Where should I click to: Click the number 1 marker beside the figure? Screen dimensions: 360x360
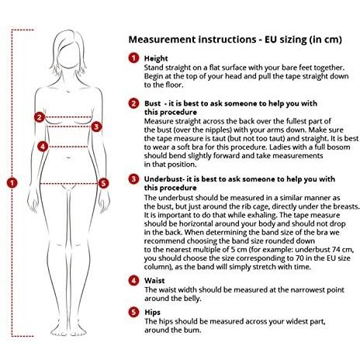point(12,183)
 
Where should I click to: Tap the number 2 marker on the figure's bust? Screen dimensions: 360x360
point(40,117)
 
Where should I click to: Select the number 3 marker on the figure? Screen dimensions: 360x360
point(96,126)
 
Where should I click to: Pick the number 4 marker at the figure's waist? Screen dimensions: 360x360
point(43,147)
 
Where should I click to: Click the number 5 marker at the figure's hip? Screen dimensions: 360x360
point(103,183)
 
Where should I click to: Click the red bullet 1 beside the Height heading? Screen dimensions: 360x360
point(133,58)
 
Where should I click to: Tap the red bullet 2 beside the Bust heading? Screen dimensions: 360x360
point(133,103)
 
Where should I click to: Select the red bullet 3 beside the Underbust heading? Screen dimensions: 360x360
point(133,179)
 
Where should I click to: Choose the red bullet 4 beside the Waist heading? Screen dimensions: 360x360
point(133,281)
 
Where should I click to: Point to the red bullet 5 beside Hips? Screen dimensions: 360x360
point(133,312)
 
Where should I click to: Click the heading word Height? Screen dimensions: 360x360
point(156,59)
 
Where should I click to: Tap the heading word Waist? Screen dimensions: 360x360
point(154,281)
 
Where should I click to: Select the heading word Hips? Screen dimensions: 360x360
point(152,313)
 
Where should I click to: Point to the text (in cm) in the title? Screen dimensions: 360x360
point(325,40)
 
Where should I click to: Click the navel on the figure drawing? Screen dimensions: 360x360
point(69,157)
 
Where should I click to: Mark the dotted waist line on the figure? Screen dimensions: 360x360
point(68,147)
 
